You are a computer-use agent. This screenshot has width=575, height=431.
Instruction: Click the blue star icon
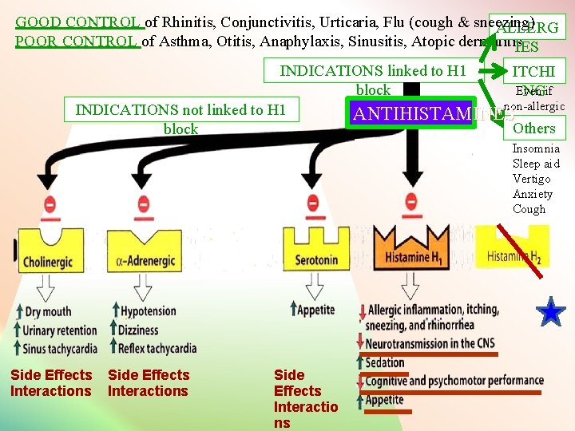[551, 312]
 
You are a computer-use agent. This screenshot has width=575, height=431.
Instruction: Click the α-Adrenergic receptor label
[146, 260]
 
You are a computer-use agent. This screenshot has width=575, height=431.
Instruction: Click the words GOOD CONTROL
[78, 22]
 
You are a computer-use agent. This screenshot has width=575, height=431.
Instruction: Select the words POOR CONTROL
[77, 42]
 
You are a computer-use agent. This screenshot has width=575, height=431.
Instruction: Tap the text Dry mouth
[47, 311]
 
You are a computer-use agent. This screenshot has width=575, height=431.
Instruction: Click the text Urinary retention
[60, 330]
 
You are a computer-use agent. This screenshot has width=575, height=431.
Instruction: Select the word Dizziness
[139, 330]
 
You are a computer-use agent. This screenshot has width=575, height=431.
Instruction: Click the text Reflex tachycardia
[152, 348]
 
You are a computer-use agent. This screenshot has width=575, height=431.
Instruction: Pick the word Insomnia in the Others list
[536, 148]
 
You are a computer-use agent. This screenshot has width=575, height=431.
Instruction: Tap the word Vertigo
[531, 179]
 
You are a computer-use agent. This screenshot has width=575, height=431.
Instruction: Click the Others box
[533, 128]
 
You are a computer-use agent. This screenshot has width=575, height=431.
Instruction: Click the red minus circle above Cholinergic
[50, 204]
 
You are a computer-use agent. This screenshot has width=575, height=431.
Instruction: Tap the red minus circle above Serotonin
[303, 204]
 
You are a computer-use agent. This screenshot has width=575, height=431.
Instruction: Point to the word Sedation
[385, 362]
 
